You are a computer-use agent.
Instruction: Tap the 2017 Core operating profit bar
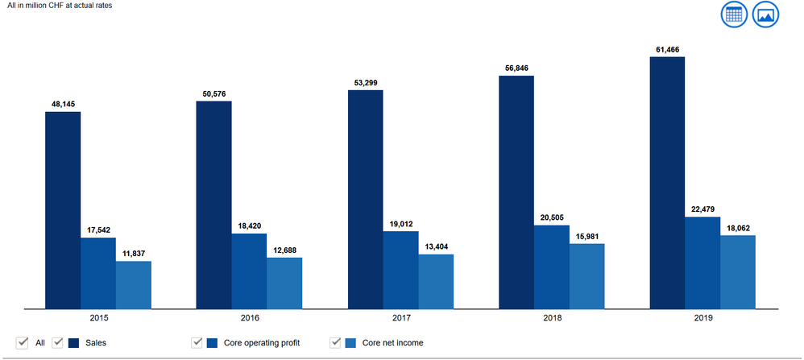pyautogui.click(x=400, y=270)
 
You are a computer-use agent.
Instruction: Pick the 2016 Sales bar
pyautogui.click(x=213, y=205)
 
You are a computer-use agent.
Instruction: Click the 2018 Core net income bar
pyautogui.click(x=586, y=275)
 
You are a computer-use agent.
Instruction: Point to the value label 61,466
pyautogui.click(x=667, y=50)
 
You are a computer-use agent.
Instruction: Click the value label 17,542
pyautogui.click(x=97, y=230)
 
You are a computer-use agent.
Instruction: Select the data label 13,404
pyautogui.click(x=436, y=247)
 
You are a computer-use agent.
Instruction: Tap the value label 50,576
pyautogui.click(x=213, y=94)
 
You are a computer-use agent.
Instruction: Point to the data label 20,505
pyautogui.click(x=551, y=218)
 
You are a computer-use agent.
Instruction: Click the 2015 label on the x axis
pyautogui.click(x=97, y=318)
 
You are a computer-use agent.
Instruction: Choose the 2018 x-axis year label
pyautogui.click(x=551, y=318)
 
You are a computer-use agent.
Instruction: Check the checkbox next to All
pyautogui.click(x=23, y=342)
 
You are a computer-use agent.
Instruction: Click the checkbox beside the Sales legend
pyautogui.click(x=58, y=342)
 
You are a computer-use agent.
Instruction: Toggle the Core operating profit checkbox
pyautogui.click(x=197, y=342)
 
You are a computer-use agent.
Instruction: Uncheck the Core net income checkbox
pyautogui.click(x=336, y=342)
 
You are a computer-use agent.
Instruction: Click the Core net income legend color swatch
pyautogui.click(x=351, y=343)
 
